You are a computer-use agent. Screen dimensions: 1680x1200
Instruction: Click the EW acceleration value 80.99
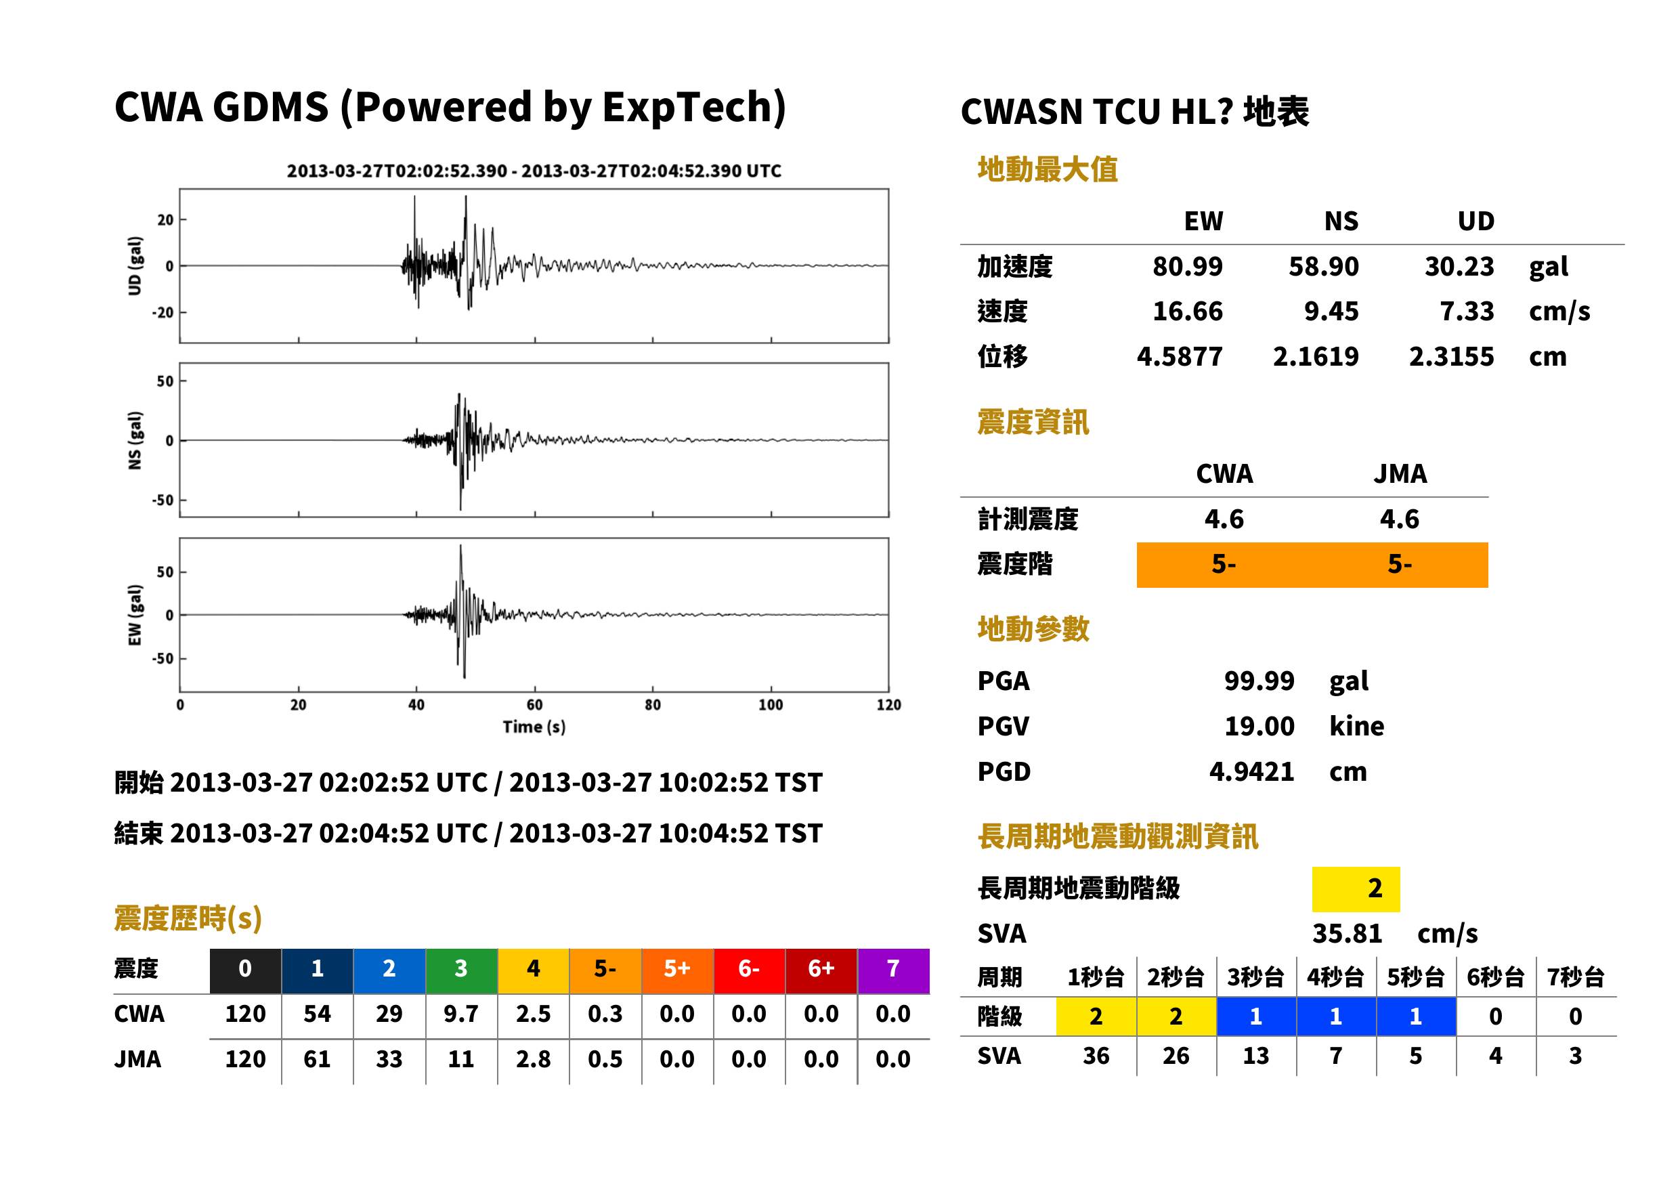(x=1186, y=267)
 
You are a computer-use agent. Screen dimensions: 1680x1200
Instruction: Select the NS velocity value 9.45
(x=1331, y=312)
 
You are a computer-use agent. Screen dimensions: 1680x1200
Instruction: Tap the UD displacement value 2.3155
(x=1451, y=357)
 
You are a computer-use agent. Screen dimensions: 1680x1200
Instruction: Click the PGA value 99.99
(x=1259, y=681)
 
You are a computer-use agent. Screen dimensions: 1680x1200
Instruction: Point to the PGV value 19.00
(x=1259, y=727)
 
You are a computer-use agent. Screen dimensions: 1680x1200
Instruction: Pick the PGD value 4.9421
(x=1251, y=772)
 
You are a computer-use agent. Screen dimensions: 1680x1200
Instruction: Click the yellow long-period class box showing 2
(x=1356, y=889)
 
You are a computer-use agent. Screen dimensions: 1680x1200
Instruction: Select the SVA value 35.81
(x=1346, y=934)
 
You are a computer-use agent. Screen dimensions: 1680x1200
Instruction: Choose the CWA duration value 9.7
(x=461, y=1014)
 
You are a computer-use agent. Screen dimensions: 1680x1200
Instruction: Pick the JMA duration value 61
(x=317, y=1060)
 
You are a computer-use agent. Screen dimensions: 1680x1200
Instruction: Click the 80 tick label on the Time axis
(x=652, y=705)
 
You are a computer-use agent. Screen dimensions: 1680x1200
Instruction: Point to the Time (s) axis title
(x=534, y=727)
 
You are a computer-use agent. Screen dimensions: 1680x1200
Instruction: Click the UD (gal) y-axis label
(x=135, y=266)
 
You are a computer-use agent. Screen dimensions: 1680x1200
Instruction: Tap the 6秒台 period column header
(x=1495, y=978)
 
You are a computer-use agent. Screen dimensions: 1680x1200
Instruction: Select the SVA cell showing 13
(x=1255, y=1056)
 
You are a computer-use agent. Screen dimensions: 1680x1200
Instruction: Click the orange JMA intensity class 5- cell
(x=1399, y=565)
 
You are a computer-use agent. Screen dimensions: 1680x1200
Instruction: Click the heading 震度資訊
(x=1033, y=423)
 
